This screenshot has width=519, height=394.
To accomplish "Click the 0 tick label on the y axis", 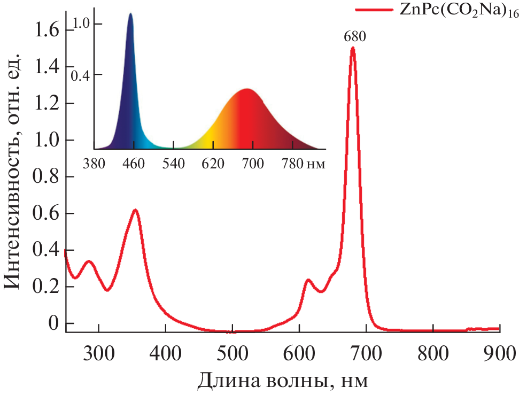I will click(x=53, y=323).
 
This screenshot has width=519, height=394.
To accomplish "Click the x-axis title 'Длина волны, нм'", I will click(x=283, y=380).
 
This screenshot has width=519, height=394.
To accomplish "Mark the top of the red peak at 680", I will click(x=353, y=49).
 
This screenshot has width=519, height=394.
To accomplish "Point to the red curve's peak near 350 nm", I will click(x=136, y=210).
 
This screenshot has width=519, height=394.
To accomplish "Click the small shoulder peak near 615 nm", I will click(x=308, y=280).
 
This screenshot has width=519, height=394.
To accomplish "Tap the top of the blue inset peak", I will click(x=130, y=14).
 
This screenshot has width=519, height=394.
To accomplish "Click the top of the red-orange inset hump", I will click(x=246, y=89).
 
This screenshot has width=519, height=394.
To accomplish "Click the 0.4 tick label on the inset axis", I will click(x=82, y=74).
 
